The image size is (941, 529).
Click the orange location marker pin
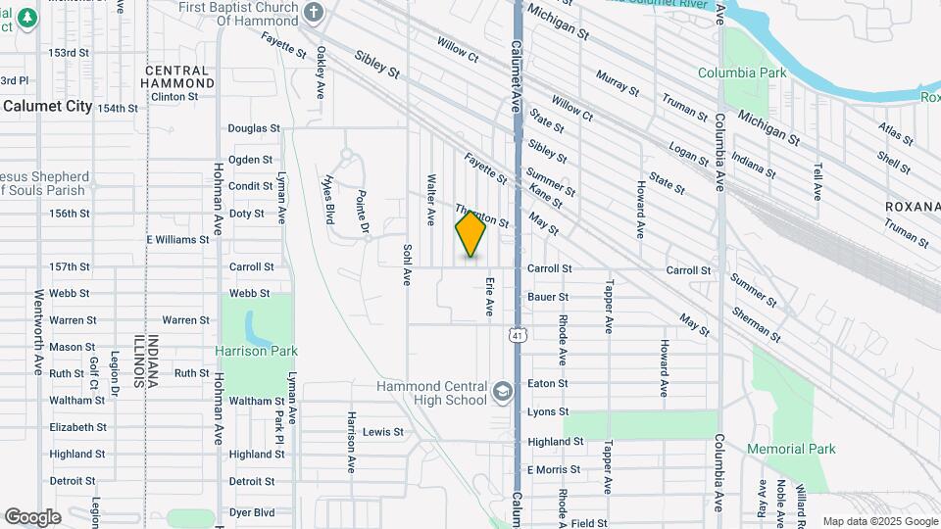471,233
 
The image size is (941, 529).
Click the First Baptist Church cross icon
313,13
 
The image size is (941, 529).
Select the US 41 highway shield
516,336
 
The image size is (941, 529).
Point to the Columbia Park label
742,72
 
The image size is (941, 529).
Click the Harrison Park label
256,351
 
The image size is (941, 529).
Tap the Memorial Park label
791,449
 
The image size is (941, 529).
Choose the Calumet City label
46,106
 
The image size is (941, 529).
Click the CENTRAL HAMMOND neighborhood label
176,77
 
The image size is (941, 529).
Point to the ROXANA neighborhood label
912,207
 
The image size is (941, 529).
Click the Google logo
32,517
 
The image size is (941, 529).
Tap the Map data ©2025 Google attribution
879,521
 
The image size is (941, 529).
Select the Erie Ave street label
488,297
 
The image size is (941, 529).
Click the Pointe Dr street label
362,212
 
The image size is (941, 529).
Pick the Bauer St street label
548,296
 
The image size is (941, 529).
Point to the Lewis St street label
383,432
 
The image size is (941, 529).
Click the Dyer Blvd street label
252,512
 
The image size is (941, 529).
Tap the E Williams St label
177,239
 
